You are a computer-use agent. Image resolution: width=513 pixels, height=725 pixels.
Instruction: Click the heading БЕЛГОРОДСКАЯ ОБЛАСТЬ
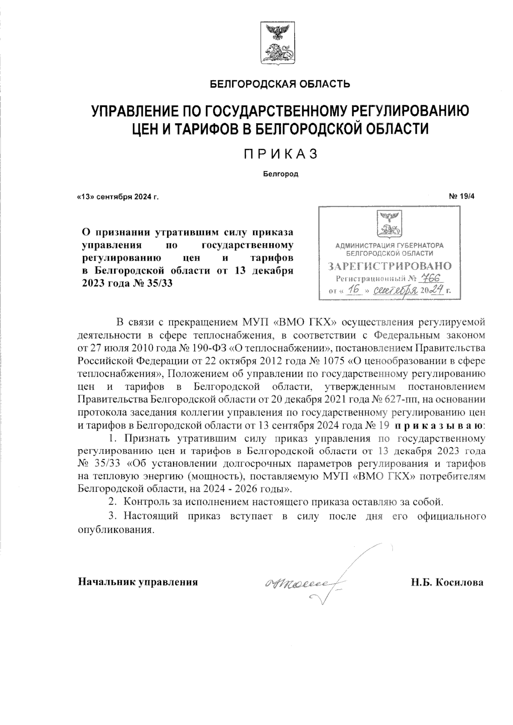(280, 84)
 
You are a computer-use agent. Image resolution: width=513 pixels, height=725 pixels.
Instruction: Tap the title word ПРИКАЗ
(280, 154)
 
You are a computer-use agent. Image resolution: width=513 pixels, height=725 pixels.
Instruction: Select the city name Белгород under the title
(280, 174)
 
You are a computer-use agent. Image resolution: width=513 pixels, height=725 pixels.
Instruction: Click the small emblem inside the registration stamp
(389, 223)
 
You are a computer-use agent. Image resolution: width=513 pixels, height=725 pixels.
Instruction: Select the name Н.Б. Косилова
(447, 583)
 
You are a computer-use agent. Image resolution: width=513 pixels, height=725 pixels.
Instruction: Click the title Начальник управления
(138, 582)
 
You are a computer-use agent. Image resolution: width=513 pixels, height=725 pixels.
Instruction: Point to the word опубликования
(115, 530)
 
